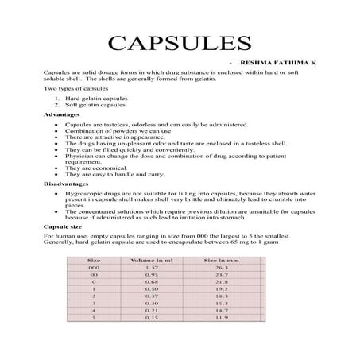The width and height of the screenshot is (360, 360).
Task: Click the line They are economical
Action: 96,168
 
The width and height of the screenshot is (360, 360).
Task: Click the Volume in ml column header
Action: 151,260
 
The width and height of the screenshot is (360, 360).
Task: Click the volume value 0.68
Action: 151,281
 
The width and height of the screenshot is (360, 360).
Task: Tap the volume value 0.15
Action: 151,318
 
